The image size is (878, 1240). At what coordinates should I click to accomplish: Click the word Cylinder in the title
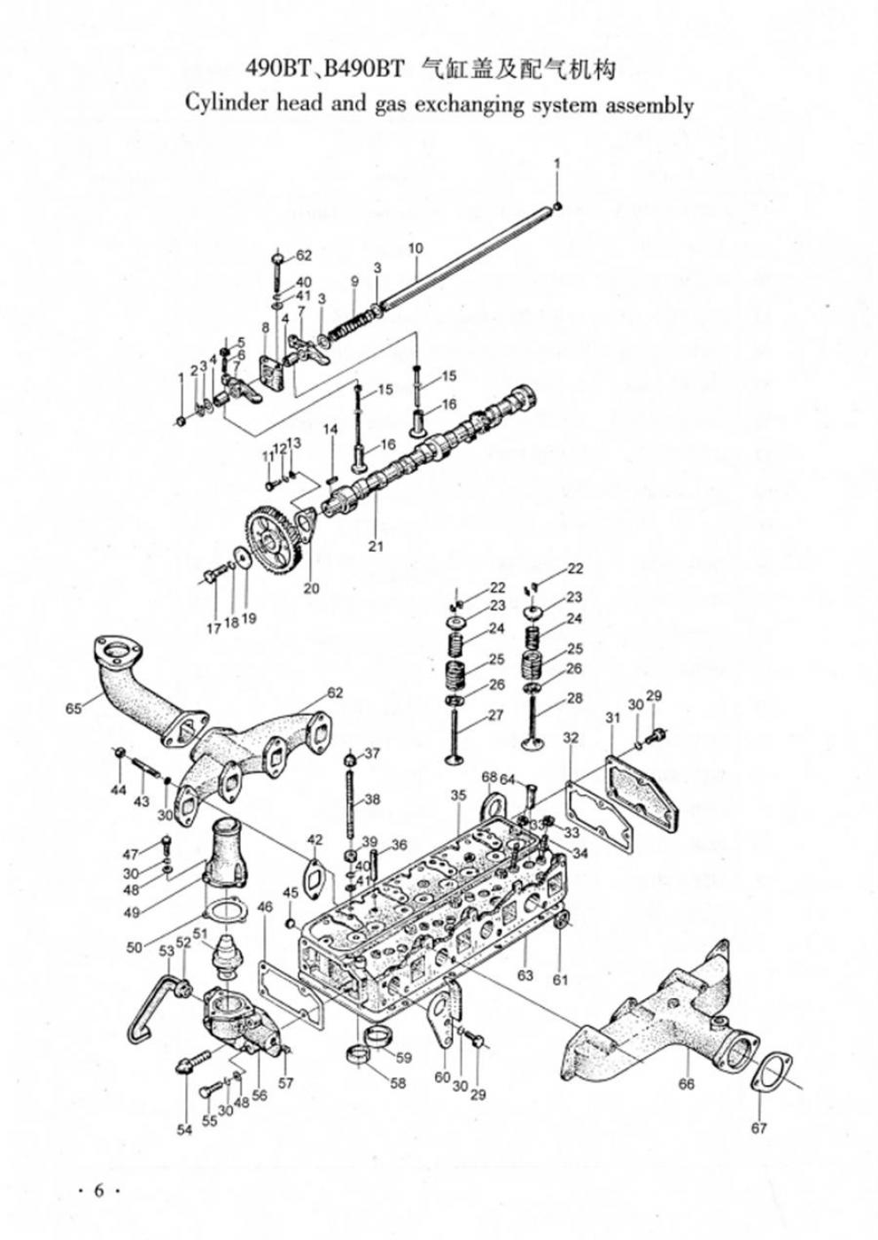tap(222, 104)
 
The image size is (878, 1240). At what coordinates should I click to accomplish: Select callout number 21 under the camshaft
tap(376, 546)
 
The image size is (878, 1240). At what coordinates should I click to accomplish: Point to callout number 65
tap(73, 708)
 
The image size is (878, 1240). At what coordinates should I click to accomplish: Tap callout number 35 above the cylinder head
tap(457, 796)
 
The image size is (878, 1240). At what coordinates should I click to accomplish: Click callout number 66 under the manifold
tap(686, 1083)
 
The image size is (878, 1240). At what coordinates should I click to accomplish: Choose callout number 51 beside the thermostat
tap(199, 933)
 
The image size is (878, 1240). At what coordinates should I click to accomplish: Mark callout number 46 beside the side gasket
tap(265, 906)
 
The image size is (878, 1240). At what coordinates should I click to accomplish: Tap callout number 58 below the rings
tap(398, 1082)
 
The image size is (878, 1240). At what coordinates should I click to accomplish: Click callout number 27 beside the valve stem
tap(494, 715)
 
